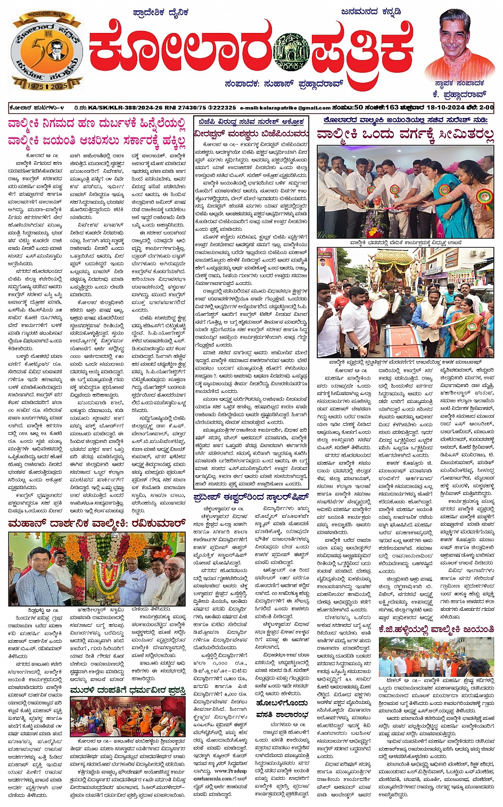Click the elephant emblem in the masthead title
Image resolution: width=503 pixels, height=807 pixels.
click(x=291, y=52)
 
